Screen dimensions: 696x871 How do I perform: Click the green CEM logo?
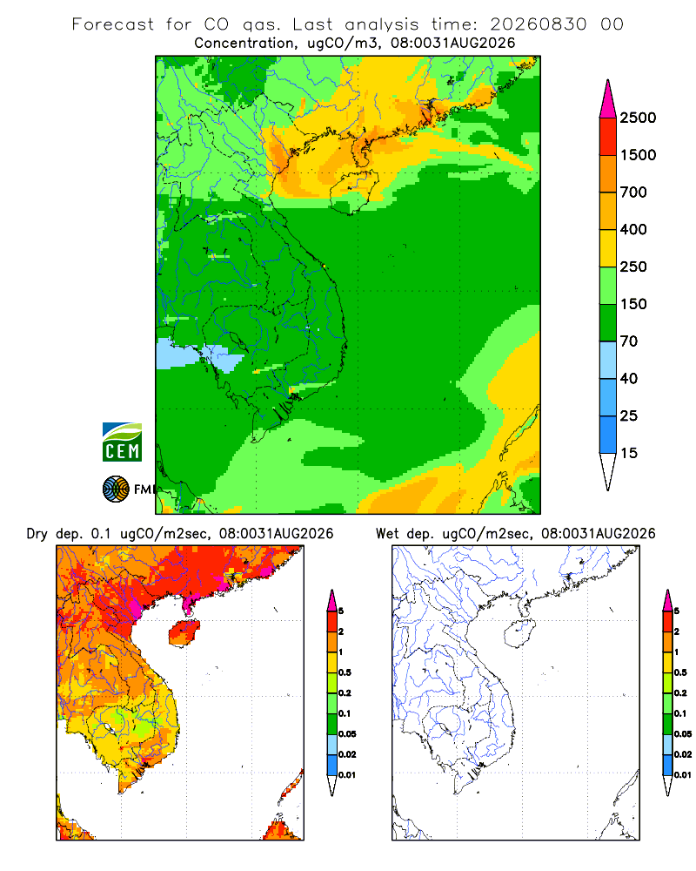(122, 442)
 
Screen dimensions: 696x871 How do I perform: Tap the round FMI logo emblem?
(116, 490)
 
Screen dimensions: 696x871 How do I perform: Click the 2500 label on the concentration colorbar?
(638, 118)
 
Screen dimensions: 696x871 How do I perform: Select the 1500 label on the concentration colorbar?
(638, 155)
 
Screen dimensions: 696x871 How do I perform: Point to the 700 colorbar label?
(633, 192)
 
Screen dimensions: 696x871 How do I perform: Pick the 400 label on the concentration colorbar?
(633, 229)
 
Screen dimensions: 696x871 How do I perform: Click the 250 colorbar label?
(633, 267)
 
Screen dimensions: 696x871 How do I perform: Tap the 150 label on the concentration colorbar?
(633, 304)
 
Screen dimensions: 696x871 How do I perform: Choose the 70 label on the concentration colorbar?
(629, 341)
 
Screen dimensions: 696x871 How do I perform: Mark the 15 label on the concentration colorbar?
(629, 453)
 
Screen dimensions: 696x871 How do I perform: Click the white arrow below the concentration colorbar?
(608, 469)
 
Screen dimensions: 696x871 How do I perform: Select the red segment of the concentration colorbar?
(608, 137)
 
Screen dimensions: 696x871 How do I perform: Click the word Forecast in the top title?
(113, 24)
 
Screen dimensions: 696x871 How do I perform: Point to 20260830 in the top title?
(538, 24)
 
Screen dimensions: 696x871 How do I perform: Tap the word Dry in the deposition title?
(37, 534)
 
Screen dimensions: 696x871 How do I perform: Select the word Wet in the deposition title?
(387, 534)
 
